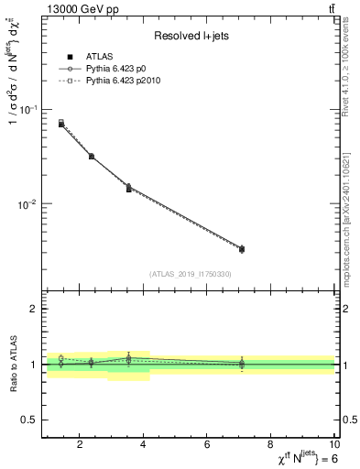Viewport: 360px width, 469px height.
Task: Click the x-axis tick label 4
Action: click(144, 446)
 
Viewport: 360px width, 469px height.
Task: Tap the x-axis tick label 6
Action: click(207, 446)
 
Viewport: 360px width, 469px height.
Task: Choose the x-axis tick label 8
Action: click(271, 446)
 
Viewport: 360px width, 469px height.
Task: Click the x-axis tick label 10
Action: click(333, 446)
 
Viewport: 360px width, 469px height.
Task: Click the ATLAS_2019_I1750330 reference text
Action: click(190, 274)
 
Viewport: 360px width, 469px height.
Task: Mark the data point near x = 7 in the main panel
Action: click(242, 249)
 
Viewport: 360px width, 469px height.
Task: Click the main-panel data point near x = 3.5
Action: click(128, 188)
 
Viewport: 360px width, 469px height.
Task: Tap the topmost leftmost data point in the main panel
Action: click(61, 123)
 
